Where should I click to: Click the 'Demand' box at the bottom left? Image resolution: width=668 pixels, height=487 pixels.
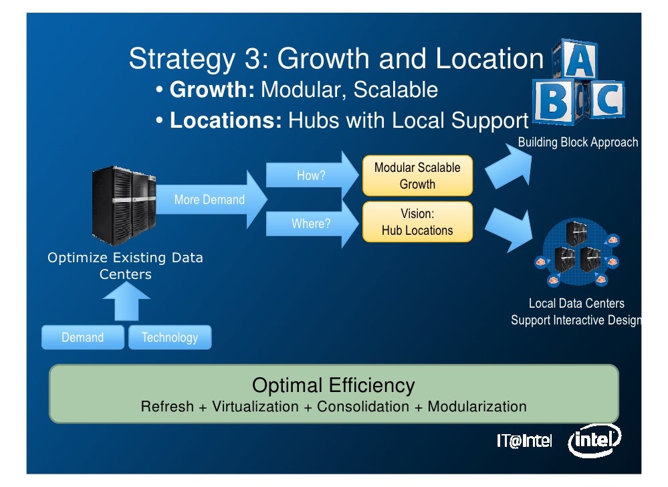[83, 338]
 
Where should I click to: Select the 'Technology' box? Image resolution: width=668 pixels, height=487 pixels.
[169, 338]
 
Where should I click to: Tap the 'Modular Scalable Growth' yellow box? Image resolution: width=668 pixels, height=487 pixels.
[417, 176]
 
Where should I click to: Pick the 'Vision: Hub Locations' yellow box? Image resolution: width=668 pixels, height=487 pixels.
[417, 222]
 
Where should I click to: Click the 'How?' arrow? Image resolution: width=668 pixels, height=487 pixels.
[312, 176]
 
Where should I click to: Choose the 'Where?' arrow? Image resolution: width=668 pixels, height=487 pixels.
[312, 223]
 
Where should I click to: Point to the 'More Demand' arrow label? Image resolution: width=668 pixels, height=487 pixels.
[209, 199]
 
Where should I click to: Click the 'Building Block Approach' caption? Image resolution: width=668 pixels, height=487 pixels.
[578, 142]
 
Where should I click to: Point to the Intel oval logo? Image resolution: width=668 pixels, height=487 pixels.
[594, 441]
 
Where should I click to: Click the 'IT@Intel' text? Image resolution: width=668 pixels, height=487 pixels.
[524, 442]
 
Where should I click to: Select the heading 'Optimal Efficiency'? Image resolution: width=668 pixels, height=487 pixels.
[333, 385]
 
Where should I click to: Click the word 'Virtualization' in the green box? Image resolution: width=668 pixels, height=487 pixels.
[255, 407]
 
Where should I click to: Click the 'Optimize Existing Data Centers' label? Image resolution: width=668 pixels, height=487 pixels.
[125, 266]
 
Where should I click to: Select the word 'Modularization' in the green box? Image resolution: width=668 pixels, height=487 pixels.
[477, 407]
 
